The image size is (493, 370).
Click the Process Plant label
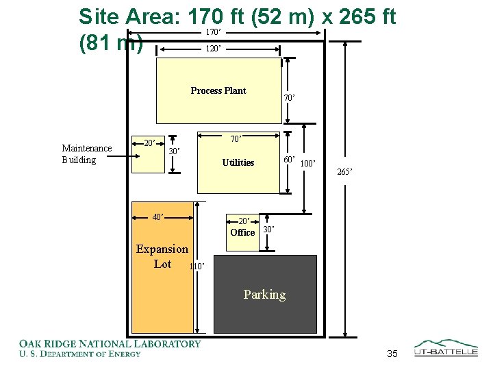click(x=218, y=90)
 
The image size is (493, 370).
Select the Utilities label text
click(x=238, y=162)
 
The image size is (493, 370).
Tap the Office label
click(x=242, y=232)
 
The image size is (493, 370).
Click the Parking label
click(x=265, y=295)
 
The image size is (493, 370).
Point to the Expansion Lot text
click(x=162, y=256)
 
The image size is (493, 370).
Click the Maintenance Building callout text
click(x=87, y=154)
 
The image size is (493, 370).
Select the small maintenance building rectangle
click(x=148, y=154)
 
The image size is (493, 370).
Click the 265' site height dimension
click(x=344, y=172)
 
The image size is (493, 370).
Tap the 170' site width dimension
click(x=214, y=32)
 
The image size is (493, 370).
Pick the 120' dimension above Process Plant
click(x=214, y=49)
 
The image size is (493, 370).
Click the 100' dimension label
click(x=308, y=164)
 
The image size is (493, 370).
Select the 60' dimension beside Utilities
click(x=289, y=160)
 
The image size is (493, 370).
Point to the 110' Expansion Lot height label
click(x=197, y=267)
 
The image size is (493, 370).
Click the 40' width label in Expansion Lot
click(x=158, y=217)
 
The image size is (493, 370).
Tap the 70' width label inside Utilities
click(x=236, y=138)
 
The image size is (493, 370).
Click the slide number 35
click(x=392, y=354)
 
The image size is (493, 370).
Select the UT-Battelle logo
click(x=446, y=348)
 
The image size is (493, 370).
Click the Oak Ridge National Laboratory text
click(x=110, y=343)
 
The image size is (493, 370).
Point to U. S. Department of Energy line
click(x=80, y=354)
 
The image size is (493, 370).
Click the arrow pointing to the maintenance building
click(x=123, y=156)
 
